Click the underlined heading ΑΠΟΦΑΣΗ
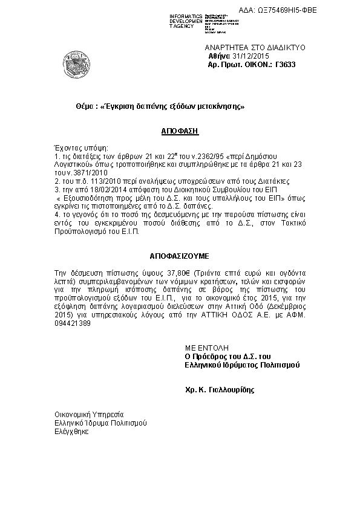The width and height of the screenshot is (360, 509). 180,130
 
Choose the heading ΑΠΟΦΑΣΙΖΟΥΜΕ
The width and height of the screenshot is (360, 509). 179,256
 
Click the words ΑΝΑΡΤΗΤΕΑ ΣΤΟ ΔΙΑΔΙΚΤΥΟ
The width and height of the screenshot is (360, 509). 255,47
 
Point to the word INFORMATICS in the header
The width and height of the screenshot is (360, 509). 186,15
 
